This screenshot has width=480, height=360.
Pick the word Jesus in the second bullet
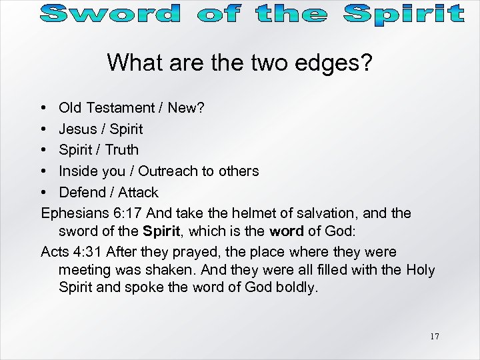coord(77,128)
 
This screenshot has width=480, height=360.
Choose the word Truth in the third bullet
coord(121,149)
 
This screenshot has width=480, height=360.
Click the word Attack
coord(137,192)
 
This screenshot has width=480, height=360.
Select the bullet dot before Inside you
coord(43,171)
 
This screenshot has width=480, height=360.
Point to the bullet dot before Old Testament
coord(43,107)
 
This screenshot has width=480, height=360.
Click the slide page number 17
coord(434,336)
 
